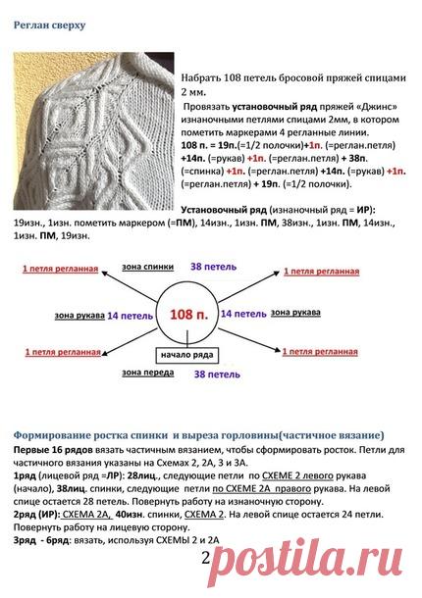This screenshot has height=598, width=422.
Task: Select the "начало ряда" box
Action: click(174, 355)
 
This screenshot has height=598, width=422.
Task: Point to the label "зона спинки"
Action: click(143, 266)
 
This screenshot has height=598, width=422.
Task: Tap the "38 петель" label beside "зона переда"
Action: click(214, 374)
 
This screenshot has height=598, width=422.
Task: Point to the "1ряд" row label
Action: click(27, 473)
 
